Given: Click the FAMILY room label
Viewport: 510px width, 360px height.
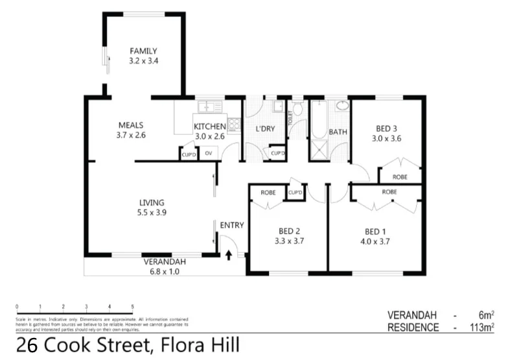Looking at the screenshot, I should click(x=143, y=51).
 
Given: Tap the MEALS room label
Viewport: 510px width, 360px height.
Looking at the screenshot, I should click(x=130, y=126).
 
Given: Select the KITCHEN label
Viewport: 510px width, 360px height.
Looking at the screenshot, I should click(x=209, y=126).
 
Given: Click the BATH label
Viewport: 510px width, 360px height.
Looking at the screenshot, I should click(x=338, y=132).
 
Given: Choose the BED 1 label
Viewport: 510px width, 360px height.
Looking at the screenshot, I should click(x=377, y=232).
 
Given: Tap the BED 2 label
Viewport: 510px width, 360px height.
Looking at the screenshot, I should click(x=289, y=232).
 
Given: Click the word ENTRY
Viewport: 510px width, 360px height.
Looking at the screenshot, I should click(x=232, y=225).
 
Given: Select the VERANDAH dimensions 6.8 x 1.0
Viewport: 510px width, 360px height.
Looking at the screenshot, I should click(x=165, y=271).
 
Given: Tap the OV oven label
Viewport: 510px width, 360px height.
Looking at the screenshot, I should click(x=209, y=153).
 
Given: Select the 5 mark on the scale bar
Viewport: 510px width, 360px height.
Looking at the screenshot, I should click(x=132, y=306).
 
